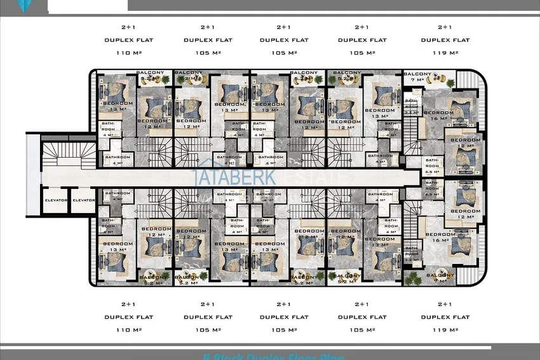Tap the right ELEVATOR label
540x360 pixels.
coord(83,200)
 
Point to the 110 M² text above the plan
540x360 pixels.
coord(129,53)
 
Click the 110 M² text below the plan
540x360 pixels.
coord(129,330)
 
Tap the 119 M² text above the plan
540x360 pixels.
coord(445,53)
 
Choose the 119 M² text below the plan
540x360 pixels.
coord(445,330)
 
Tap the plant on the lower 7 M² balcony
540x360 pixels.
coord(414,278)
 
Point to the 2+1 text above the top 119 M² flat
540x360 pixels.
coord(445,27)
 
